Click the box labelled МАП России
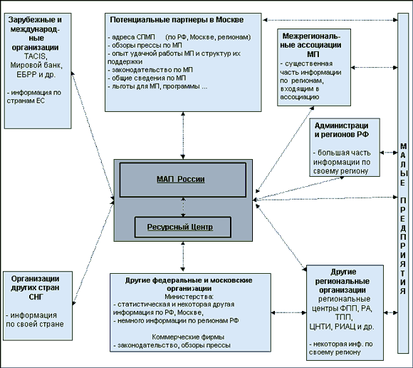tap(183, 180)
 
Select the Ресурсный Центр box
tap(183, 227)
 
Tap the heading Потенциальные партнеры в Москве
tap(177, 20)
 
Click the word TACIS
tap(36, 56)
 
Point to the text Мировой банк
tap(36, 65)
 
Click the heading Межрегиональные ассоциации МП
tap(311, 45)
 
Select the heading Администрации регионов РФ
tap(342, 130)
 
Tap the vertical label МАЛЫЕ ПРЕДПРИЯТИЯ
tap(403, 219)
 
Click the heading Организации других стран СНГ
tap(36, 288)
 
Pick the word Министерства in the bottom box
tap(189, 297)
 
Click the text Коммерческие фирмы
tap(188, 337)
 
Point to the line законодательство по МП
tap(150, 70)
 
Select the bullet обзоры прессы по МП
tap(145, 46)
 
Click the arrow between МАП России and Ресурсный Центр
tap(183, 207)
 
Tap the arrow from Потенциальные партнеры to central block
tap(183, 136)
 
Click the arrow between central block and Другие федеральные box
tap(183, 257)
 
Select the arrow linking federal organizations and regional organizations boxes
tap(288, 312)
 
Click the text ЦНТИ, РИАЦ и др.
tap(342, 327)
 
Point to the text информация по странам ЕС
tap(34, 97)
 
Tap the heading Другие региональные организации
tap(343, 281)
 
